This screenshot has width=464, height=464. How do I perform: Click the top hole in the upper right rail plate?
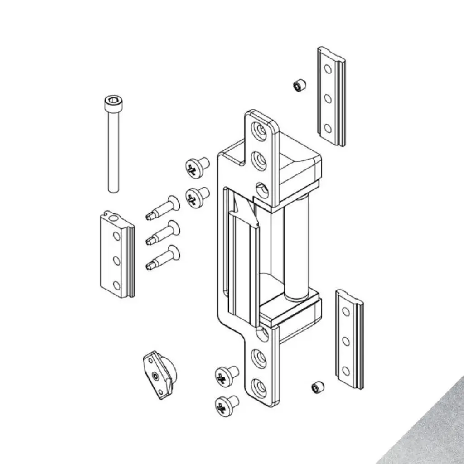point(327,69)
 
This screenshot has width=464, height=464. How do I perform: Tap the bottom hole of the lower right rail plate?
point(346,371)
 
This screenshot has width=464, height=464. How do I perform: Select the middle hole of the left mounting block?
point(116,260)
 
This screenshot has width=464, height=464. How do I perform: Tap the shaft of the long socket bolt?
point(113,150)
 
